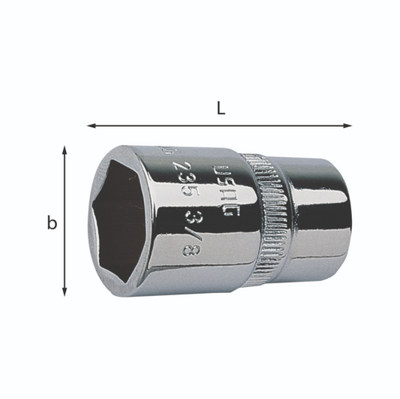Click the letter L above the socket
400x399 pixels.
tap(220, 107)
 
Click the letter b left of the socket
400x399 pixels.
tap(52, 223)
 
